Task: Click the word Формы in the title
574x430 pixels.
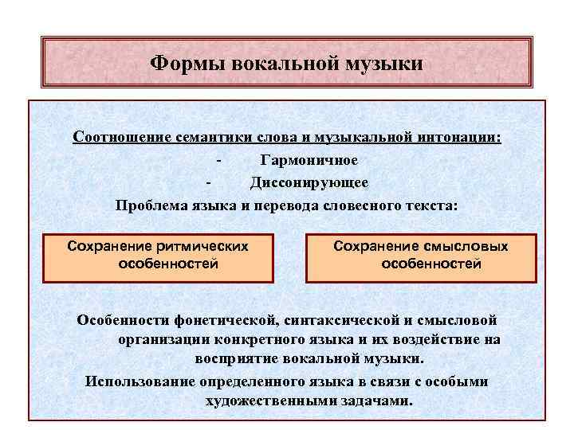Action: (183, 62)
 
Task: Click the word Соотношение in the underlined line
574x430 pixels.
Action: (122, 136)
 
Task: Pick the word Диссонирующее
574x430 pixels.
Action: (309, 182)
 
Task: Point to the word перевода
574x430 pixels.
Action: (283, 205)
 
